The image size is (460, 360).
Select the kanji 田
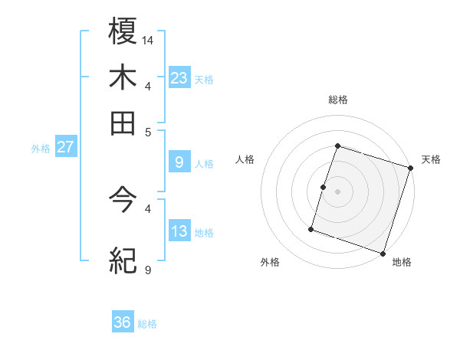123,123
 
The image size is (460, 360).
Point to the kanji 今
123,201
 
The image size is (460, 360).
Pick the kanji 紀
123,261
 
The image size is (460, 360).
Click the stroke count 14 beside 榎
148,39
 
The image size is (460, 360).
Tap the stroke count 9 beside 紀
147,270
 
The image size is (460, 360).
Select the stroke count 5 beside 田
147,131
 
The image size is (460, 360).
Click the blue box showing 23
179,77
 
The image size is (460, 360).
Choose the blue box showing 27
65,147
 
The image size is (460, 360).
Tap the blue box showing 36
123,323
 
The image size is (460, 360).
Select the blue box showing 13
179,231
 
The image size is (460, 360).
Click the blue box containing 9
179,162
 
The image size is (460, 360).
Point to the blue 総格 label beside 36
147,324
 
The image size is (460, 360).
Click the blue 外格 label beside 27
41,149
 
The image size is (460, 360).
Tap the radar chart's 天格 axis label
431,159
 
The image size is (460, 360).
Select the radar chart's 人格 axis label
245,159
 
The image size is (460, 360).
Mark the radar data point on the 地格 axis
383,253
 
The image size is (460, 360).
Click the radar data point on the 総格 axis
337,146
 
